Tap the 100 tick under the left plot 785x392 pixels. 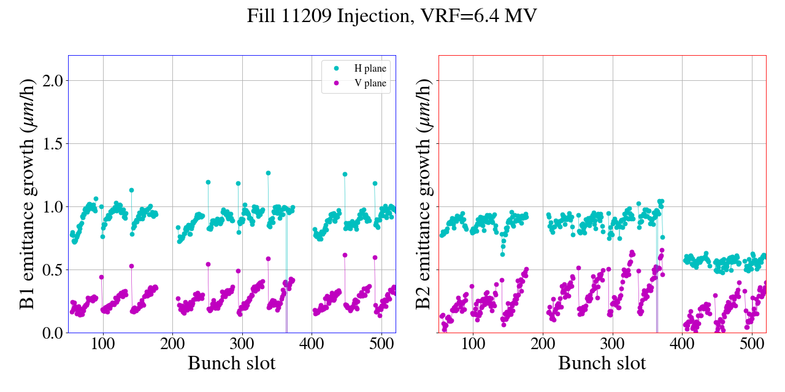coord(103,343)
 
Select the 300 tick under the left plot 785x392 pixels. coord(242,343)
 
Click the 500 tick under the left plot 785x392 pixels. coord(381,343)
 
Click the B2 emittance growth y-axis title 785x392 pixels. coord(423,194)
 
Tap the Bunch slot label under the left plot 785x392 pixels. coord(232,363)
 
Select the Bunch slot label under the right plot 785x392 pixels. coord(602,363)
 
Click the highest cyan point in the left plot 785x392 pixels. coord(268,173)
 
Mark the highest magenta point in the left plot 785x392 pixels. coord(345,255)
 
